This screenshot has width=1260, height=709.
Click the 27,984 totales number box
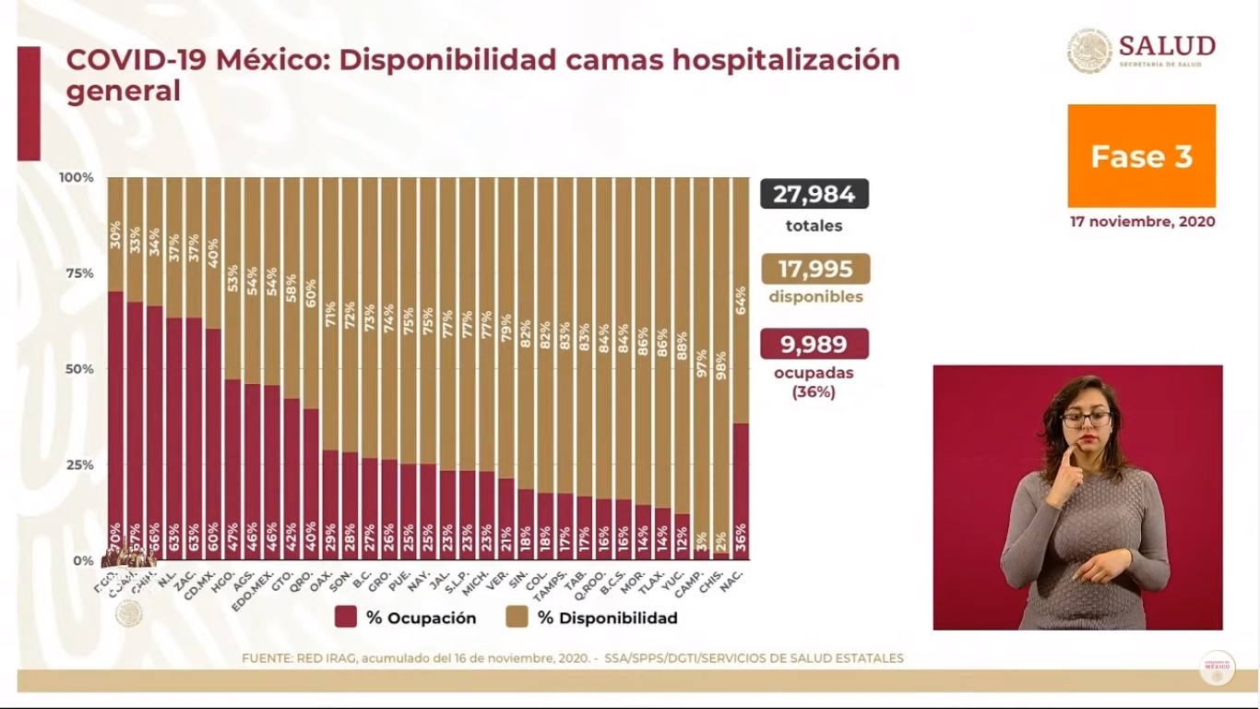(x=814, y=194)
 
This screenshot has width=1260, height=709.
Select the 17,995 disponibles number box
(x=815, y=269)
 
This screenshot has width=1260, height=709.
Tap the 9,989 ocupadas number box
(x=814, y=343)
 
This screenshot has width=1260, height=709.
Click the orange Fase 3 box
(x=1141, y=156)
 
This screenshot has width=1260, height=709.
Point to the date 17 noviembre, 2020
(x=1142, y=222)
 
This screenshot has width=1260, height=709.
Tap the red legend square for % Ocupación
(x=346, y=618)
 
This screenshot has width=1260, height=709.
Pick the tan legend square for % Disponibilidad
(x=517, y=618)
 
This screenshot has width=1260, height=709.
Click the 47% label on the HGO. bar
(x=233, y=536)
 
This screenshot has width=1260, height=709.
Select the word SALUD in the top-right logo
(x=1167, y=45)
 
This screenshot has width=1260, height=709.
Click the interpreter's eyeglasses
(x=1086, y=419)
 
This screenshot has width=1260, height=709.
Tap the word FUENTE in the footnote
(x=267, y=658)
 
